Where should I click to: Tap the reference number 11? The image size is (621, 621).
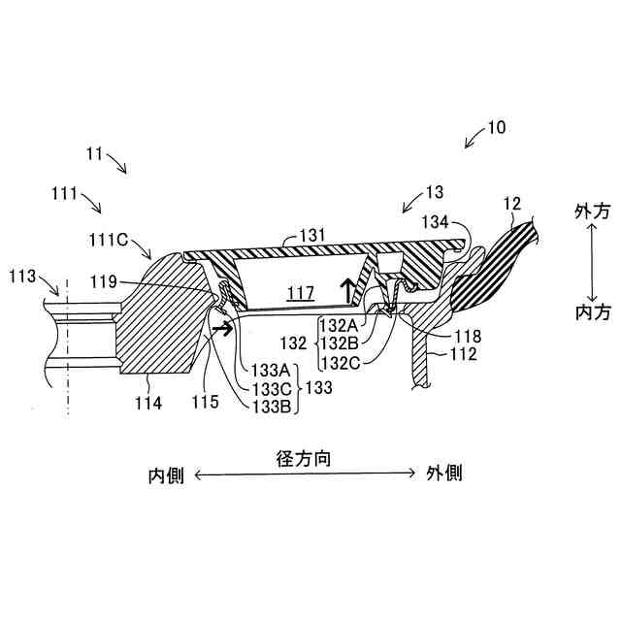pyautogui.click(x=95, y=152)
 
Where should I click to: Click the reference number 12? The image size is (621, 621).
pyautogui.click(x=511, y=204)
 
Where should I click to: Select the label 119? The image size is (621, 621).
pyautogui.click(x=129, y=282)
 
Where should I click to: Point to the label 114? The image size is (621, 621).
pyautogui.click(x=149, y=400)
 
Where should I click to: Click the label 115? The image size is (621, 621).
pyautogui.click(x=205, y=400)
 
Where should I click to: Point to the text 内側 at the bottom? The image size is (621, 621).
pyautogui.click(x=166, y=475)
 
